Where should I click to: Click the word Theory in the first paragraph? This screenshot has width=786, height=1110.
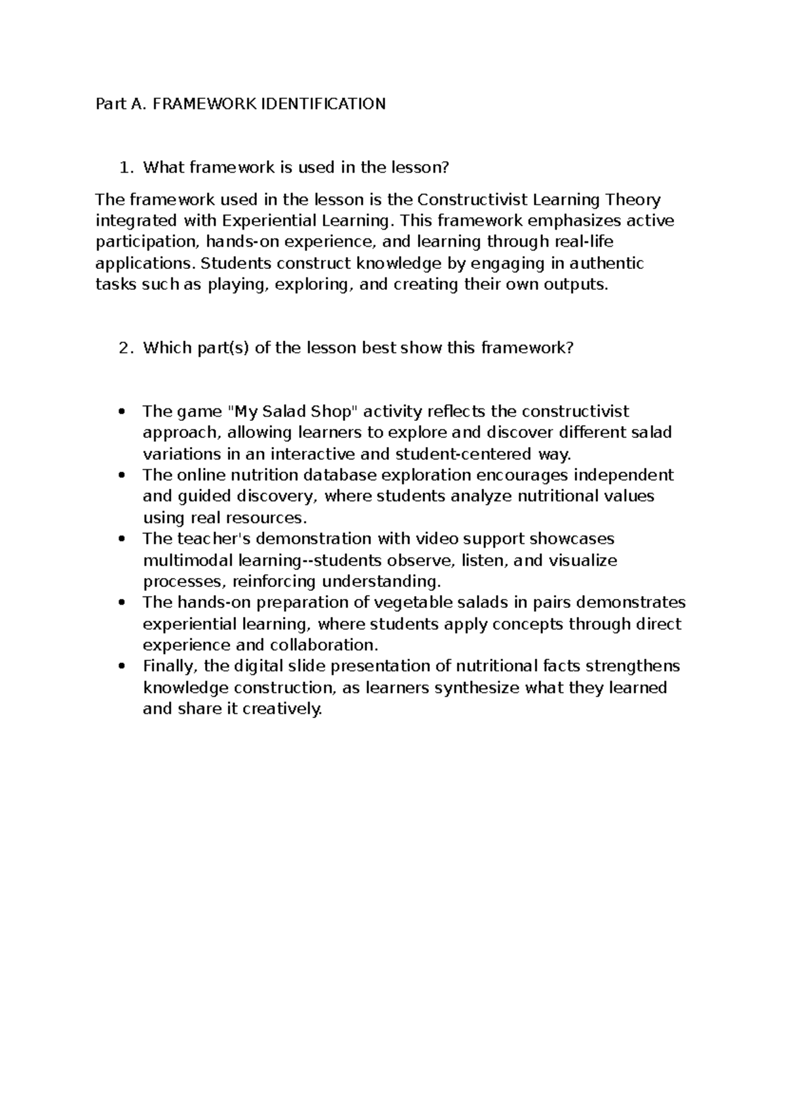[633, 200]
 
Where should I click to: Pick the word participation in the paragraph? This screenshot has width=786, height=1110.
[145, 243]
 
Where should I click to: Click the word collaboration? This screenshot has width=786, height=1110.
[325, 645]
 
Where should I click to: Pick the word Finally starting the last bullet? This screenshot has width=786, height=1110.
[169, 667]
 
